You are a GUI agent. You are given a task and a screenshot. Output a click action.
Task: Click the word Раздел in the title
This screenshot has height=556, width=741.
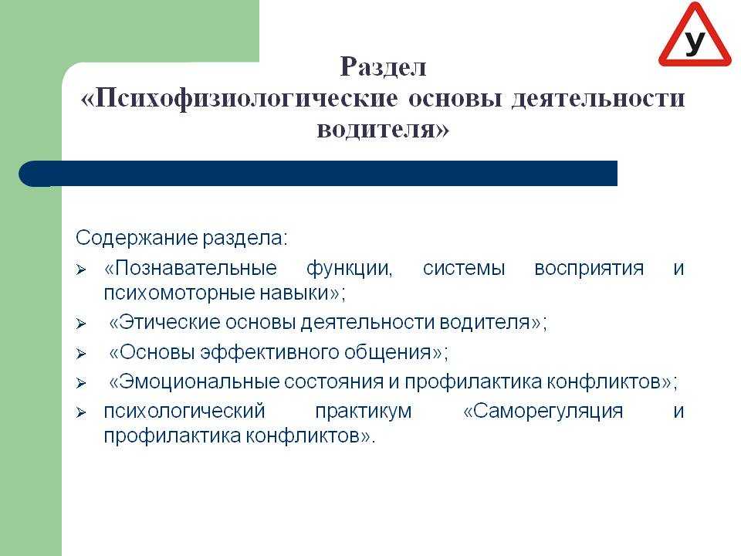(x=384, y=67)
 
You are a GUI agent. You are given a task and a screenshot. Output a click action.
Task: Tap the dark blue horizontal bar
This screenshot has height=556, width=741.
(x=318, y=174)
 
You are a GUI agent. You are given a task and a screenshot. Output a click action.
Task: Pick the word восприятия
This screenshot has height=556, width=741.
(x=589, y=269)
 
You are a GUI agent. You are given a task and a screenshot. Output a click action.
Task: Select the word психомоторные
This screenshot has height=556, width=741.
(x=179, y=293)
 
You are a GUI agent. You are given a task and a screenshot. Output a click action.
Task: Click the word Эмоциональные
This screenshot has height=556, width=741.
(x=194, y=381)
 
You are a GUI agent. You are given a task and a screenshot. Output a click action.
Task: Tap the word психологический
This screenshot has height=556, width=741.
(x=184, y=412)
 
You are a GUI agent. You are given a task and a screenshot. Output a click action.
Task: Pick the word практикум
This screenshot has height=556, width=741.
(x=364, y=412)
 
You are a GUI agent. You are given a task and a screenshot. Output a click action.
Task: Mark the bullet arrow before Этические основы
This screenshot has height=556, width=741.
(x=81, y=324)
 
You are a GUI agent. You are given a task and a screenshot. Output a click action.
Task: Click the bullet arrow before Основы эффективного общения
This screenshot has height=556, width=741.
(x=81, y=354)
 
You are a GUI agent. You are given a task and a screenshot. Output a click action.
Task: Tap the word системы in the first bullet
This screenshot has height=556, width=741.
(x=464, y=269)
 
